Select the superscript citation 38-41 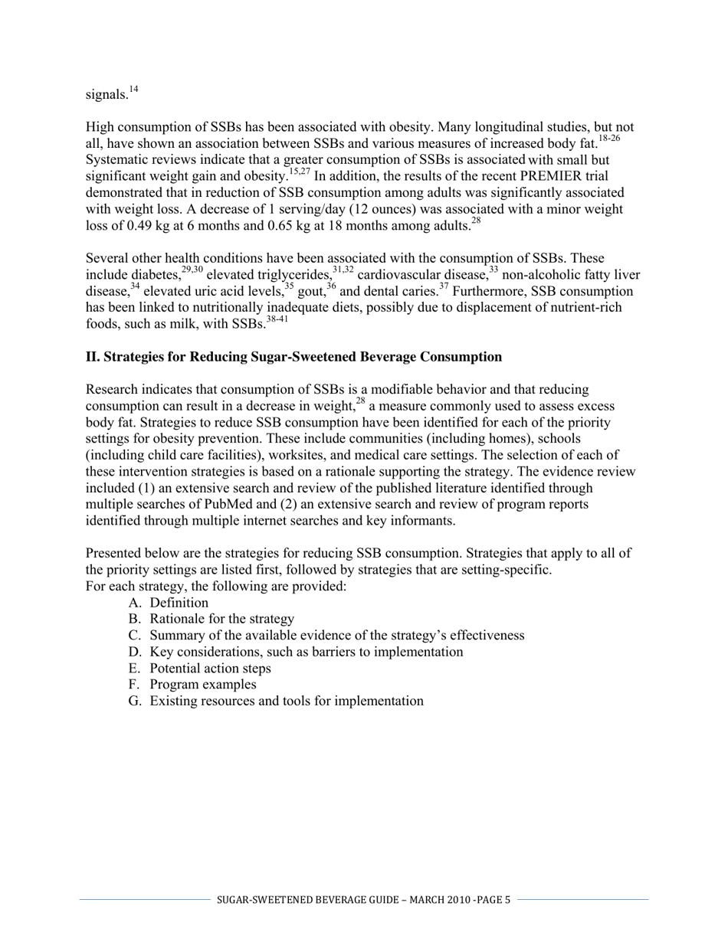tap(277, 319)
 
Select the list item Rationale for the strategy tap(221, 619)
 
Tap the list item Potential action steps tap(210, 668)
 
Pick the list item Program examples tap(203, 685)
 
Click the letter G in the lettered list tap(135, 701)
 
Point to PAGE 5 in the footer tap(493, 900)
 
